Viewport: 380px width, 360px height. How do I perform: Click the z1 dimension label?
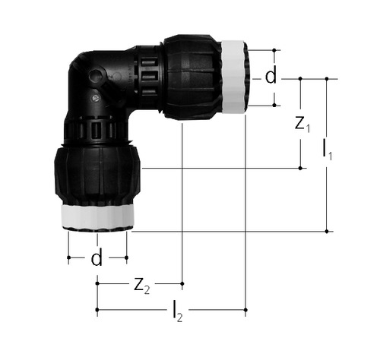[x=302, y=125]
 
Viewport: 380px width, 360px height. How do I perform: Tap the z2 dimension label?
[x=142, y=286]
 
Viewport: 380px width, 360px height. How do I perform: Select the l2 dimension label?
[x=178, y=311]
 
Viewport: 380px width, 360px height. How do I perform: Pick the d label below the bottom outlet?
[x=97, y=257]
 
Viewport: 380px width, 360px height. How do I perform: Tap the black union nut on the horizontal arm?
[x=192, y=77]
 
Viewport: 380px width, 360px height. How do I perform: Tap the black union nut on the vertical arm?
[x=97, y=175]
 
